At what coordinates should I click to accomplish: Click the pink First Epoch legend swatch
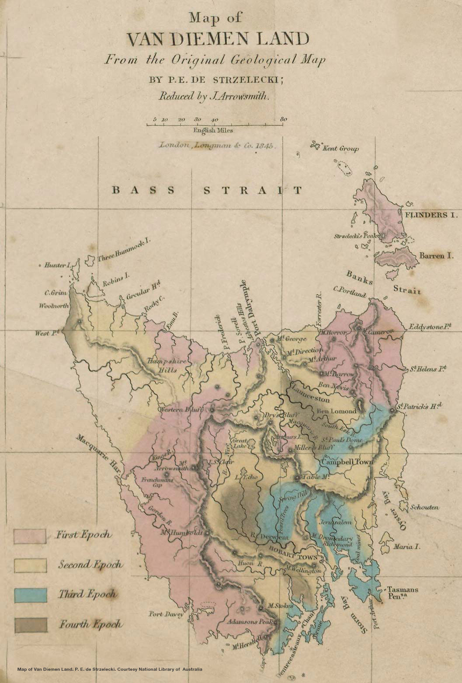(x=30, y=536)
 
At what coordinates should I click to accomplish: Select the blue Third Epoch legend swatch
(x=30, y=595)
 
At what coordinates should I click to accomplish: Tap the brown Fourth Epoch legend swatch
(x=30, y=625)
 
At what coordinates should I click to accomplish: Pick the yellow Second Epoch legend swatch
(x=30, y=565)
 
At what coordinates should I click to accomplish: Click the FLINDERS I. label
(x=431, y=215)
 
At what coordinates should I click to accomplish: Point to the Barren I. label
(x=436, y=255)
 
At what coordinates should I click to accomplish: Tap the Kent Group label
(x=340, y=149)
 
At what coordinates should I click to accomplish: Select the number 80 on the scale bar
(x=283, y=119)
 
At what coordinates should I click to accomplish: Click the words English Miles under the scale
(x=214, y=130)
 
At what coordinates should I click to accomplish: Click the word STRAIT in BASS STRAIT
(x=253, y=190)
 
